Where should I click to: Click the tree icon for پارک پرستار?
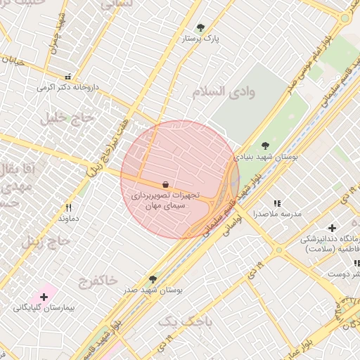click(x=201, y=28)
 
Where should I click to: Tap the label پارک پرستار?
click(x=201, y=39)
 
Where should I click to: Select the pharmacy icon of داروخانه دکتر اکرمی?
click(x=67, y=77)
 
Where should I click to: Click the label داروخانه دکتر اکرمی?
click(x=65, y=89)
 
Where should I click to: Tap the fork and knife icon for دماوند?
click(x=68, y=207)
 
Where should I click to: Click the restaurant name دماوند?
click(x=67, y=219)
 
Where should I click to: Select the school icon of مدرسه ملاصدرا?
click(x=276, y=202)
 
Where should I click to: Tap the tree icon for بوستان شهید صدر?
click(x=153, y=279)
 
